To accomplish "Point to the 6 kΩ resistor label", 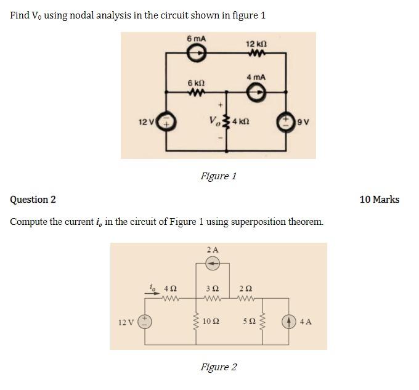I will tap(196, 83).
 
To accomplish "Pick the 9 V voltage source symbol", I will tap(287, 120).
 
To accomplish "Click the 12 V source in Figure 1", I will tap(167, 121).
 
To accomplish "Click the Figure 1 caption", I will tap(218, 176).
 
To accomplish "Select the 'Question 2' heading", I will tap(33, 200).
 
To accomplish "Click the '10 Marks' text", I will tap(379, 200).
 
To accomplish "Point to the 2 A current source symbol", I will tap(212, 264).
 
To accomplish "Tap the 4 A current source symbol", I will tap(289, 321).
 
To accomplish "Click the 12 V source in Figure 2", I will tap(145, 321).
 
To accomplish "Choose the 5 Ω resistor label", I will tap(249, 321).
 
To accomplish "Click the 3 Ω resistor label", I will tap(212, 288).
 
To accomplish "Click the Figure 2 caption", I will tap(218, 367).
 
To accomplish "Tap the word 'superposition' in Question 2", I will tap(256, 222).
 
